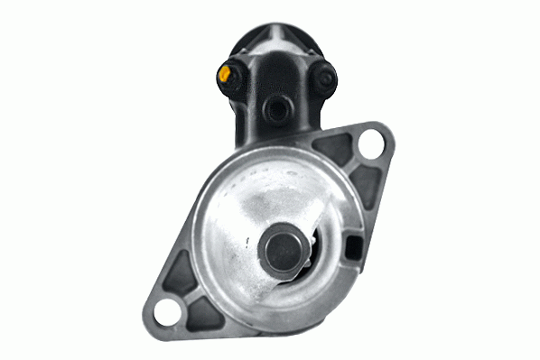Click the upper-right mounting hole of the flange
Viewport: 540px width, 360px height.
point(368,144)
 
